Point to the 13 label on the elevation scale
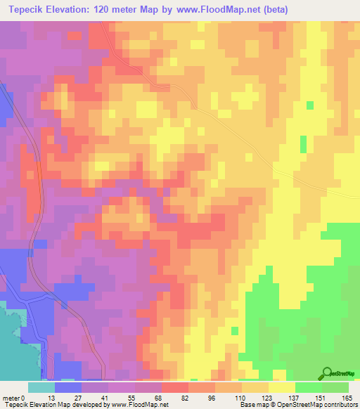(x=51, y=379)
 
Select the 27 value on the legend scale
(x=77, y=379)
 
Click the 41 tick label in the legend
(x=104, y=379)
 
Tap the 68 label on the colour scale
(x=158, y=379)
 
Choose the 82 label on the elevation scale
(x=185, y=379)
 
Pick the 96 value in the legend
(x=212, y=379)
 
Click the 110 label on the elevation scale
(x=239, y=379)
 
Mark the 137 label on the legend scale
(x=292, y=379)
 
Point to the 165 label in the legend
(x=345, y=379)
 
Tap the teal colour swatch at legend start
(x=41, y=388)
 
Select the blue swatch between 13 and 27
(x=68, y=388)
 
